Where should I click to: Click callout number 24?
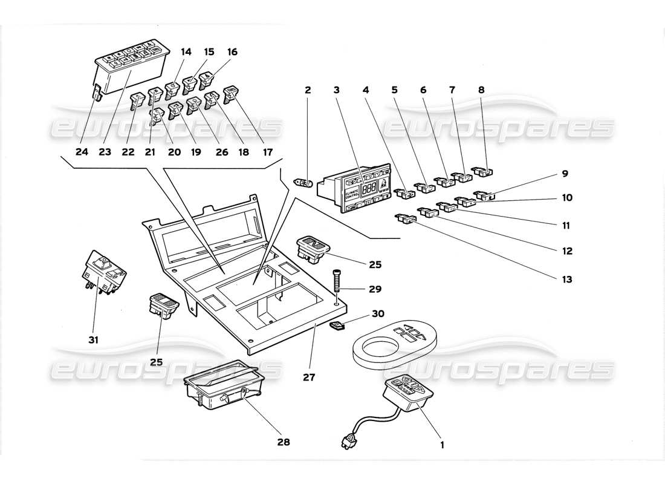click(82, 152)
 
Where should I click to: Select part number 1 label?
click(442, 445)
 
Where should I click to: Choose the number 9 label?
click(565, 174)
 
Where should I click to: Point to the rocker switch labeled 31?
click(104, 272)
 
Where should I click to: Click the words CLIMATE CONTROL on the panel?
click(352, 194)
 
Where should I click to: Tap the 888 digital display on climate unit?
click(369, 188)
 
